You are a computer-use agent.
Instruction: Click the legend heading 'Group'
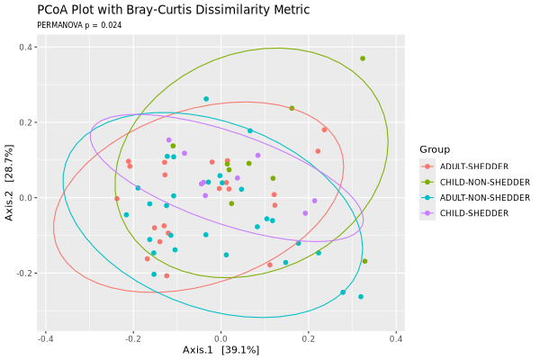click(435, 149)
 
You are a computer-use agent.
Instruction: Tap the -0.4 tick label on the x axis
click(45, 339)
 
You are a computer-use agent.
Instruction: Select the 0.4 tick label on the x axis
click(396, 339)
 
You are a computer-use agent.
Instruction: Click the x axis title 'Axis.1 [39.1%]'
click(220, 350)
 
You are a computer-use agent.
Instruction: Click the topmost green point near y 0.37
click(363, 58)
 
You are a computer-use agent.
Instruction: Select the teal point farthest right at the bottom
click(361, 297)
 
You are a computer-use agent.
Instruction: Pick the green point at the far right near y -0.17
click(364, 261)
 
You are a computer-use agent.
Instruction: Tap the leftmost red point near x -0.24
click(117, 199)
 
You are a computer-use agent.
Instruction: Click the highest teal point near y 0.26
click(206, 99)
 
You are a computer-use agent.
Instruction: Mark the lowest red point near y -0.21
click(166, 276)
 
